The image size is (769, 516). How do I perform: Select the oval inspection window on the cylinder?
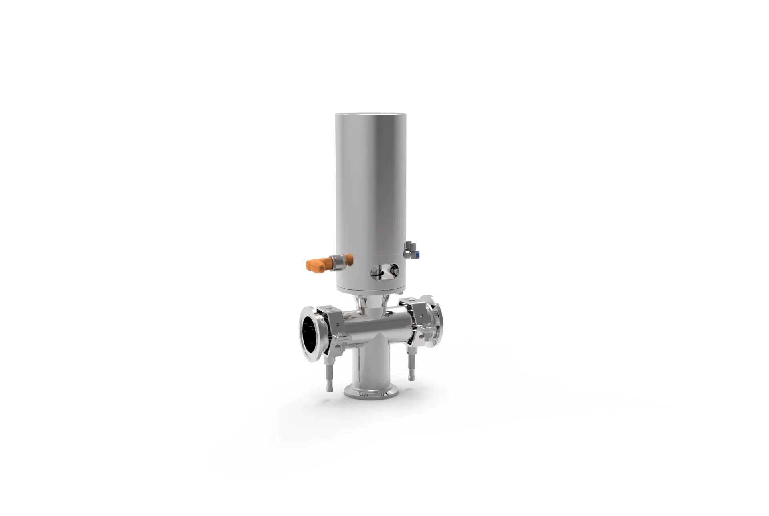(384, 271)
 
